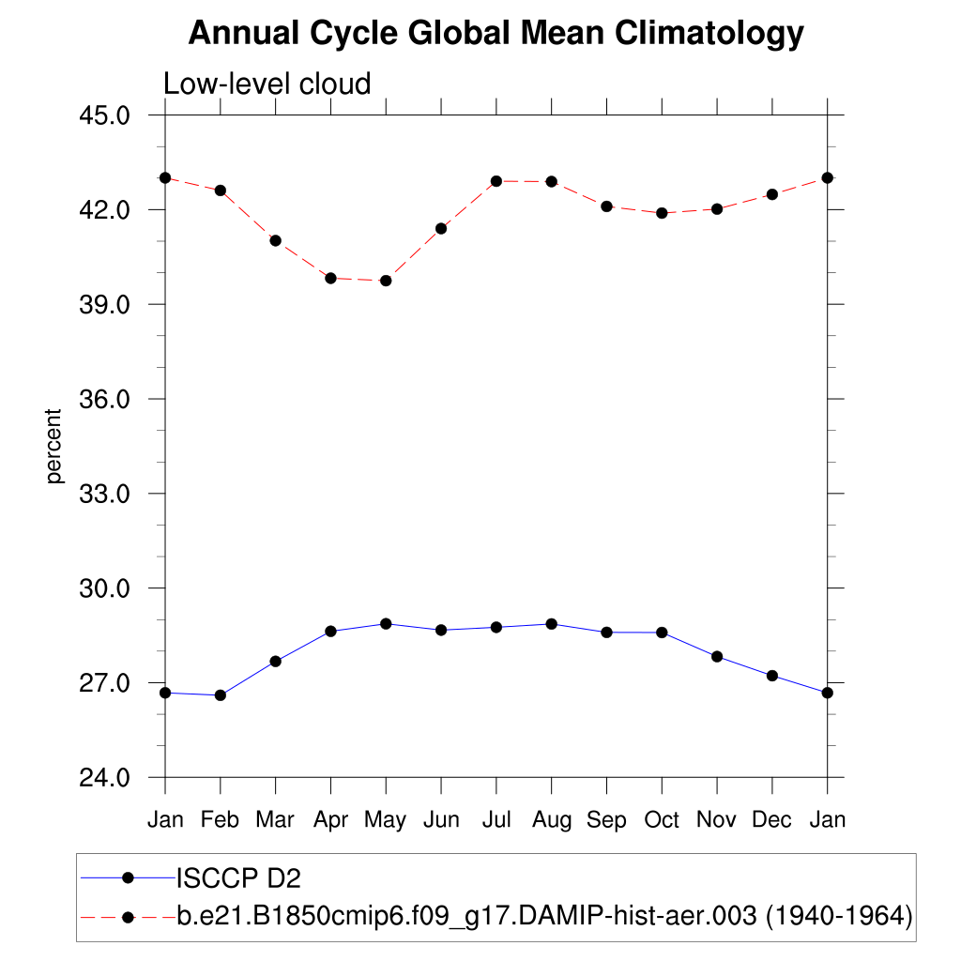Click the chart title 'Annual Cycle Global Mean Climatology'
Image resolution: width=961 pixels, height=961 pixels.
pos(496,34)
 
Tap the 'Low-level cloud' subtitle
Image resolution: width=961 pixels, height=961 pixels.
pos(267,84)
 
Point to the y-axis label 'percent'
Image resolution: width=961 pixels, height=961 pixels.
pos(55,446)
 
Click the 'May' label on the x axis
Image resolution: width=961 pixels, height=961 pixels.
pos(386,820)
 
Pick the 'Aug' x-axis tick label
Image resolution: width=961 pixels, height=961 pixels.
pos(551,820)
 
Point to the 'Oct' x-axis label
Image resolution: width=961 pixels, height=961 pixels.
pos(662,820)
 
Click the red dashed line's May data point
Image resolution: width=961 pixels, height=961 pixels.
pos(386,281)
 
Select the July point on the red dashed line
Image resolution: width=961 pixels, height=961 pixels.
pos(496,181)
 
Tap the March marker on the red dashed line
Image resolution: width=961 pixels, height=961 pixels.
pos(276,240)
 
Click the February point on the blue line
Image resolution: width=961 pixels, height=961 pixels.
pos(221,695)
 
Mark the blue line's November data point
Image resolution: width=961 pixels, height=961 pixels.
pos(717,656)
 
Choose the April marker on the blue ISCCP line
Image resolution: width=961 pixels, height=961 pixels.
pos(330,632)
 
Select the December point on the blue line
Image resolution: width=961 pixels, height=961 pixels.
pos(772,676)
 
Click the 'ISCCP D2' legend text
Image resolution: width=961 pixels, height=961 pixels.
pos(238,878)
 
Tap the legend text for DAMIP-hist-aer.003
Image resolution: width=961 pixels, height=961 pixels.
pos(544,915)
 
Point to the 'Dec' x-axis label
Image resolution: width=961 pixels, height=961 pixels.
pos(772,820)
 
